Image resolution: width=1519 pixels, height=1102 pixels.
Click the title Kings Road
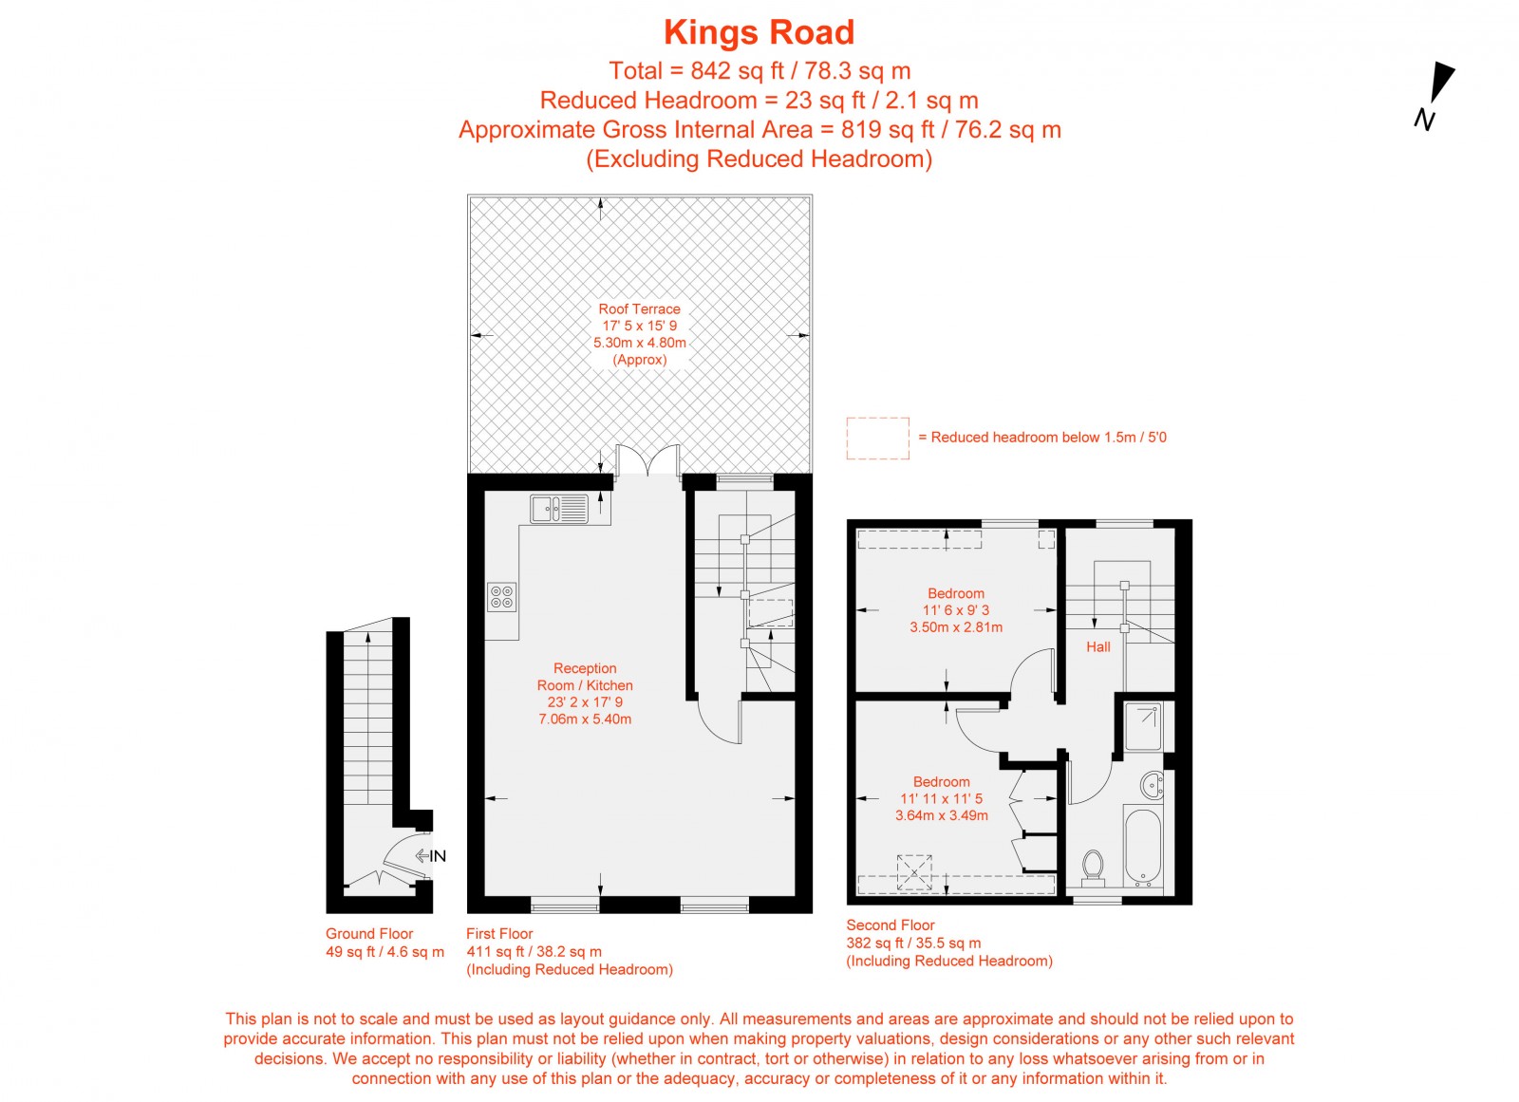pos(759,33)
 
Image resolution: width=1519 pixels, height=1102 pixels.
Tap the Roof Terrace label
pos(639,309)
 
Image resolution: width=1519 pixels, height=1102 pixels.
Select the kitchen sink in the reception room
pos(559,510)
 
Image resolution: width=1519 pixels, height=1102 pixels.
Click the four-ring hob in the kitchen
pos(502,597)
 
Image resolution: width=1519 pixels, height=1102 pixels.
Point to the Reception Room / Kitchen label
pos(585,677)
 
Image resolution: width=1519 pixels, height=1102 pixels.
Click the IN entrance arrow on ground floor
pos(430,856)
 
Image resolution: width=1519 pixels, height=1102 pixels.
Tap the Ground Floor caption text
pos(369,934)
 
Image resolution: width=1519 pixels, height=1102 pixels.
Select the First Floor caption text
pos(499,934)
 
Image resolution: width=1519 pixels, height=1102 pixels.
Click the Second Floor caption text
pos(891,925)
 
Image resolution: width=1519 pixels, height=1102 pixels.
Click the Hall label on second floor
pos(1098,647)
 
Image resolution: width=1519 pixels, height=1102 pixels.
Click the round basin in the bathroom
pos(1153,785)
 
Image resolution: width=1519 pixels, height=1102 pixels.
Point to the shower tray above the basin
pos(1143,727)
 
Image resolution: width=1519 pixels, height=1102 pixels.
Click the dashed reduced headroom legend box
pos(877,439)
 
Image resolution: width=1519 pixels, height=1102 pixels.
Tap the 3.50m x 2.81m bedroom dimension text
pos(956,627)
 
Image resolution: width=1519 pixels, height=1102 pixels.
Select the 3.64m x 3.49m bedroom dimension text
pos(942,815)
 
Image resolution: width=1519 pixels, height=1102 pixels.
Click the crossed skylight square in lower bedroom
pos(914,870)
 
